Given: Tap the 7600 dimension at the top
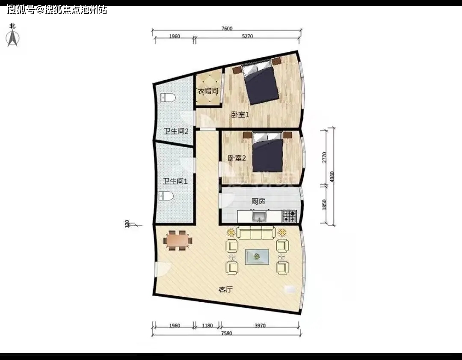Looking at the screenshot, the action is pyautogui.click(x=227, y=29).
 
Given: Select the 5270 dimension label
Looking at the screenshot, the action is pyautogui.click(x=247, y=36).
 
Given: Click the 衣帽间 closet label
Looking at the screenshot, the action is pyautogui.click(x=208, y=91).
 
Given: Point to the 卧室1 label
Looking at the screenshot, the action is pyautogui.click(x=240, y=114).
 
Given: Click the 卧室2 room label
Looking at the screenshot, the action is pyautogui.click(x=237, y=158).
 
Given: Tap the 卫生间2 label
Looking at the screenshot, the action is pyautogui.click(x=176, y=131).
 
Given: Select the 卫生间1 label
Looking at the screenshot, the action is pyautogui.click(x=175, y=181).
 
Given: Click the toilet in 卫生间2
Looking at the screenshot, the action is pyautogui.click(x=168, y=98).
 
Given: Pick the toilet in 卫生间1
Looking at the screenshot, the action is pyautogui.click(x=166, y=196).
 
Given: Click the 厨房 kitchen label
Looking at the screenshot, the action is pyautogui.click(x=258, y=201).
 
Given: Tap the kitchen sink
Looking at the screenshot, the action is pyautogui.click(x=259, y=217).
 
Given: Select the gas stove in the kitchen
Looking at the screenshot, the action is pyautogui.click(x=290, y=216).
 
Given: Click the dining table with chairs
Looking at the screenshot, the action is pyautogui.click(x=178, y=241).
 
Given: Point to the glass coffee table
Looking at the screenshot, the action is pyautogui.click(x=257, y=257).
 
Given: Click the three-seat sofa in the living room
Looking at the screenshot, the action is pyautogui.click(x=256, y=232).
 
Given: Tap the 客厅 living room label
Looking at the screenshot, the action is pyautogui.click(x=226, y=289).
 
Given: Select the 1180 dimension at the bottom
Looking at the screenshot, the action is pyautogui.click(x=207, y=325).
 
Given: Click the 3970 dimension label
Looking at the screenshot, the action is pyautogui.click(x=260, y=325).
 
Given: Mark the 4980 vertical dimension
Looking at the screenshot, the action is pyautogui.click(x=332, y=177).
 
